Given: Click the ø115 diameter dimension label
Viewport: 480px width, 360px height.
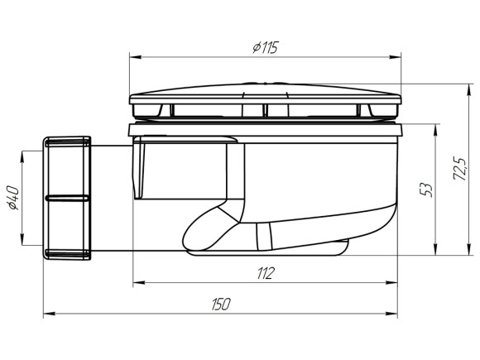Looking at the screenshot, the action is click(x=266, y=47).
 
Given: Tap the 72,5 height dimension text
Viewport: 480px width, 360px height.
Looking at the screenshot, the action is click(x=460, y=169).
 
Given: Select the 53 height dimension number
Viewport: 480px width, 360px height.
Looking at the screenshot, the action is click(x=426, y=190).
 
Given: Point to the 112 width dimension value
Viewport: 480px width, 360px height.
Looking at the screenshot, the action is click(x=266, y=273).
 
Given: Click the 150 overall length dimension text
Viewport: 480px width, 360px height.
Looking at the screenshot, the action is click(x=221, y=304).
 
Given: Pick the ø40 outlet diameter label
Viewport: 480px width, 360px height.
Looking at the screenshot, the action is click(x=14, y=198).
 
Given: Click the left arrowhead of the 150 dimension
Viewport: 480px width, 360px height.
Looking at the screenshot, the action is click(x=49, y=314).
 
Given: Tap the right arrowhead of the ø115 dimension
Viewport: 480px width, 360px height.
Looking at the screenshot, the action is click(x=395, y=57).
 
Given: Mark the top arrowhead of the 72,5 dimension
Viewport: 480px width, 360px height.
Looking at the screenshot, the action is click(x=468, y=89).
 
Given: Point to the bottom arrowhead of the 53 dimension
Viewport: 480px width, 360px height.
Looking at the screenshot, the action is click(x=435, y=249).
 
